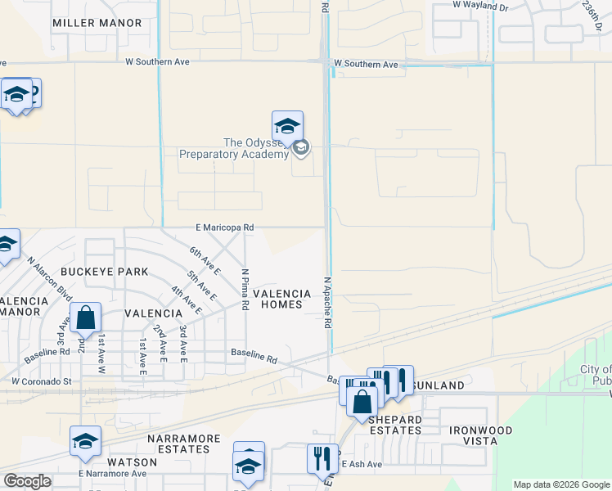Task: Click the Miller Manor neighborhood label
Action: click(x=97, y=23)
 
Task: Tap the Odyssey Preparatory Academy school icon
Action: click(x=287, y=127)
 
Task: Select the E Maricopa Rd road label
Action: click(x=224, y=227)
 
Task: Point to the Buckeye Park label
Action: click(x=109, y=271)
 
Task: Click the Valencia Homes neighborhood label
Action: click(x=281, y=299)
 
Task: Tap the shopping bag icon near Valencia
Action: click(x=85, y=318)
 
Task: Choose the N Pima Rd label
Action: click(x=245, y=289)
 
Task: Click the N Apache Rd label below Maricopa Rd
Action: click(x=326, y=302)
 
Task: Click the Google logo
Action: click(x=28, y=481)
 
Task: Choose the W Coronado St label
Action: click(x=42, y=381)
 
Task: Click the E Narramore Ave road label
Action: click(x=112, y=473)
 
